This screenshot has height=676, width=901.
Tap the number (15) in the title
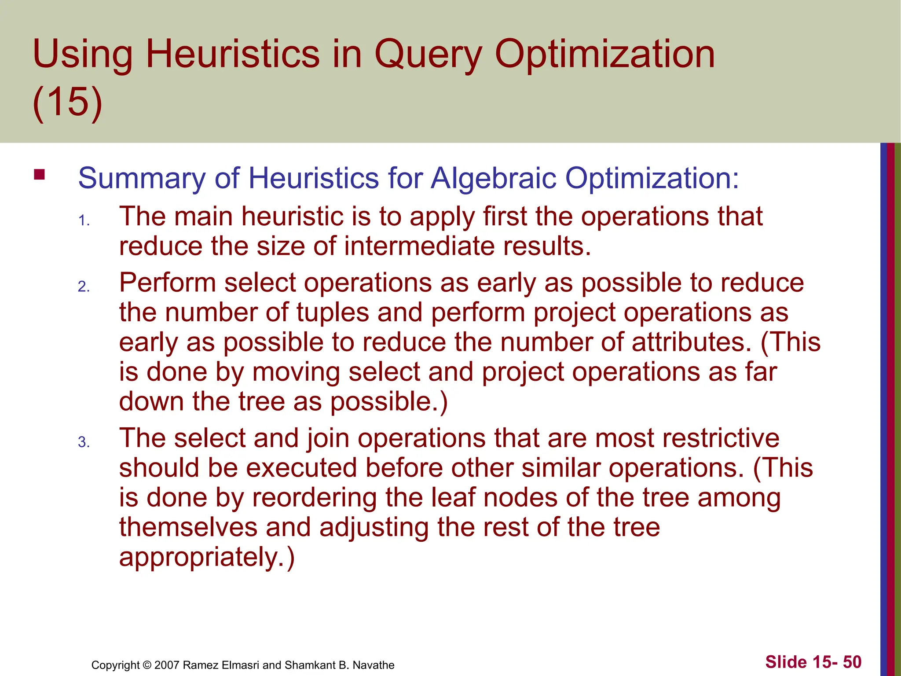pyautogui.click(x=67, y=102)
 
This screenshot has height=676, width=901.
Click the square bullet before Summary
pyautogui.click(x=40, y=175)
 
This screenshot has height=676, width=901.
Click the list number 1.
pyautogui.click(x=84, y=220)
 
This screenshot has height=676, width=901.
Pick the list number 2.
pyautogui.click(x=84, y=287)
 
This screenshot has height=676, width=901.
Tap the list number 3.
pyautogui.click(x=84, y=442)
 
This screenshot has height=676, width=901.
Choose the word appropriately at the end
pyautogui.click(x=206, y=558)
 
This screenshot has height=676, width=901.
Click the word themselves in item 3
pyautogui.click(x=188, y=528)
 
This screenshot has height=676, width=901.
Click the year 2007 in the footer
pyautogui.click(x=167, y=665)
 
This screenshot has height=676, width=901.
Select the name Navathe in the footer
pyautogui.click(x=374, y=665)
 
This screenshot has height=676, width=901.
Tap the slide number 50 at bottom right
pyautogui.click(x=852, y=662)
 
